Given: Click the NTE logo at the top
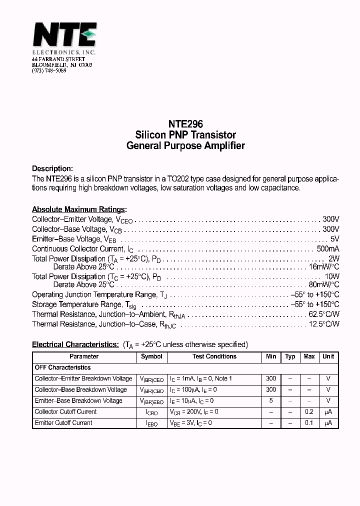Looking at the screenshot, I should pyautogui.click(x=64, y=36).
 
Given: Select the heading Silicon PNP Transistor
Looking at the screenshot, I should pyautogui.click(x=185, y=135).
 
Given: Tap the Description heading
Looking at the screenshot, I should pyautogui.click(x=52, y=168).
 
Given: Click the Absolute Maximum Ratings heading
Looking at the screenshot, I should pyautogui.click(x=79, y=209).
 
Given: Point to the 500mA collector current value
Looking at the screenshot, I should pyautogui.click(x=328, y=248).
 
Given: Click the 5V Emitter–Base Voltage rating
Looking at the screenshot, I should pyautogui.click(x=335, y=239).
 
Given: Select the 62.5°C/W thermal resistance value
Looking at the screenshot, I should pyautogui.click(x=324, y=314).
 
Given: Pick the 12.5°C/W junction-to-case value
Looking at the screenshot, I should pyautogui.click(x=324, y=324).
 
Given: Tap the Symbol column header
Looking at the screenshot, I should pyautogui.click(x=151, y=356).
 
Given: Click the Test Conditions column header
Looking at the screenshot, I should pyautogui.click(x=214, y=356).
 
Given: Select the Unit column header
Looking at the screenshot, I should pyautogui.click(x=328, y=356).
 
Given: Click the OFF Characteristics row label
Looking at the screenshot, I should pyautogui.click(x=62, y=367).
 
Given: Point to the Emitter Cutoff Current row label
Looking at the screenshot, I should pyautogui.click(x=63, y=423).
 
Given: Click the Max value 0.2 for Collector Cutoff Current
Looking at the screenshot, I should pyautogui.click(x=309, y=412).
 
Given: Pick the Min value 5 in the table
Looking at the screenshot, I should pyautogui.click(x=271, y=401).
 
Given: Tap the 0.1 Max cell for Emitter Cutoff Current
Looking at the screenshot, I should pyautogui.click(x=309, y=423).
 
